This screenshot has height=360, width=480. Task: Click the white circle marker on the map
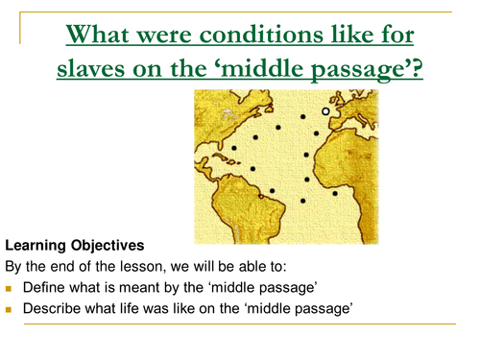[x=325, y=111]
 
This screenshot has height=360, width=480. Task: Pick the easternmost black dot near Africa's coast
[x=335, y=193]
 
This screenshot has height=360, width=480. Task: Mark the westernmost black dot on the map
[x=233, y=149]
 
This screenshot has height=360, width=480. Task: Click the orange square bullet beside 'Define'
[x=11, y=288]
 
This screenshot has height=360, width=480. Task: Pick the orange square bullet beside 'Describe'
[x=11, y=308]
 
